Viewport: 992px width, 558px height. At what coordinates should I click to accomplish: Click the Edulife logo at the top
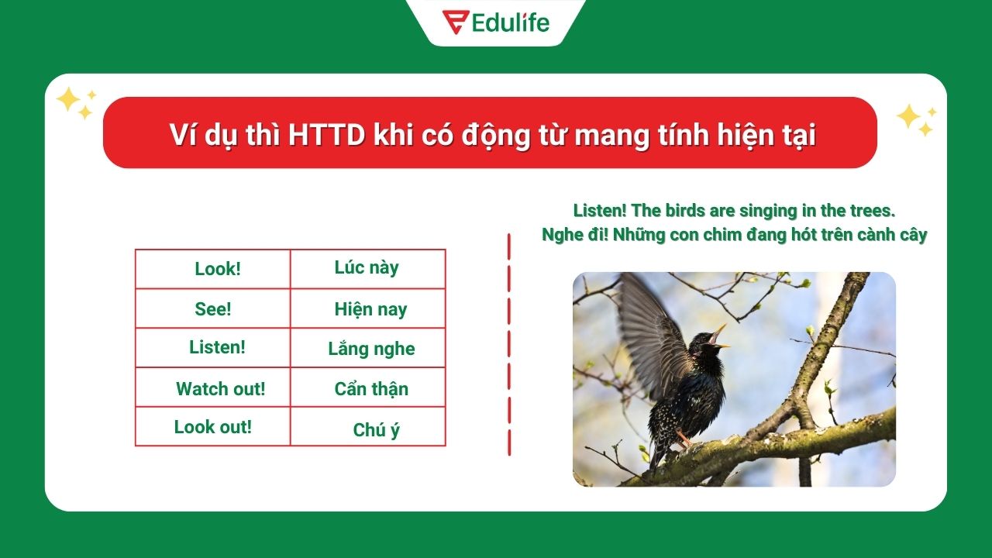496,22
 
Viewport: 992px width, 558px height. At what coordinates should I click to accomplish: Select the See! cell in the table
213,308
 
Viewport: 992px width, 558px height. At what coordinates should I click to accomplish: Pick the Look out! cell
213,426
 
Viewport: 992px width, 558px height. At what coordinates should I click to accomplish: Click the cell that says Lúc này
367,268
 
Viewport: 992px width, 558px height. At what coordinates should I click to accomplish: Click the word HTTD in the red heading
326,136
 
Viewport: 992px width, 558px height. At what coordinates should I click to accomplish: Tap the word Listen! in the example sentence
600,211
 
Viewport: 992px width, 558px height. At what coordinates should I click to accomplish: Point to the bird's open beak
719,336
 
